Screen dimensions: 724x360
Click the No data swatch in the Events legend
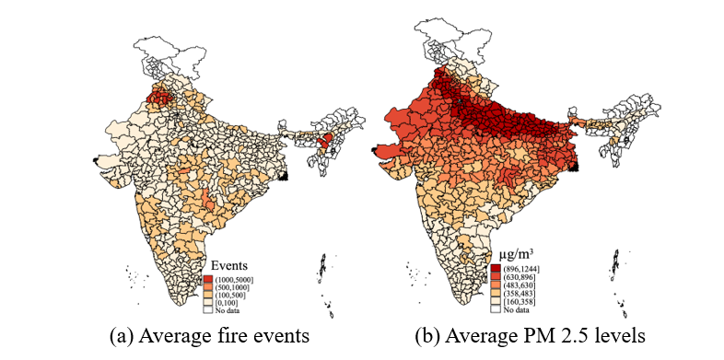[207, 310]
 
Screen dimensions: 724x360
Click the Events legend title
[229, 265]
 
